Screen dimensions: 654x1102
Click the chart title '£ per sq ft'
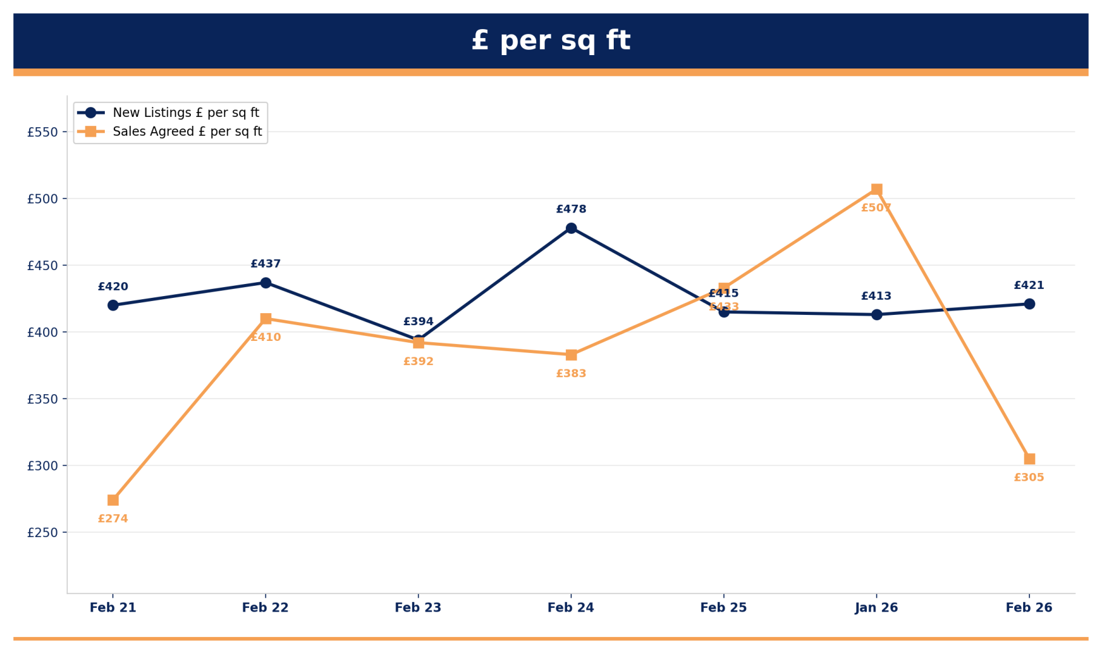click(551, 41)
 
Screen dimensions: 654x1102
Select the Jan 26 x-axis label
click(876, 607)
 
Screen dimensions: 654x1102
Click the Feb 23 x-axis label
click(418, 607)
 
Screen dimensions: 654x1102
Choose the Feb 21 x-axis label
click(113, 607)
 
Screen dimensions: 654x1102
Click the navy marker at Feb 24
click(571, 228)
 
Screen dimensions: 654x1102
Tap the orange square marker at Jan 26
click(877, 190)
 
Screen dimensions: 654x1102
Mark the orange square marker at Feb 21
click(113, 500)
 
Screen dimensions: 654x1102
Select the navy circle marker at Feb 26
click(1029, 304)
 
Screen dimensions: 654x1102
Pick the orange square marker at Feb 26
click(1029, 459)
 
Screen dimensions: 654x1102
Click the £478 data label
click(571, 210)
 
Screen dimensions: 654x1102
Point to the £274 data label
click(113, 519)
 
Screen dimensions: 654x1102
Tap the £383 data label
click(571, 374)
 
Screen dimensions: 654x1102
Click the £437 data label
click(265, 264)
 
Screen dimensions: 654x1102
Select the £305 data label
click(1029, 478)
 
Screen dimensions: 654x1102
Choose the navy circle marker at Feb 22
click(265, 283)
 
